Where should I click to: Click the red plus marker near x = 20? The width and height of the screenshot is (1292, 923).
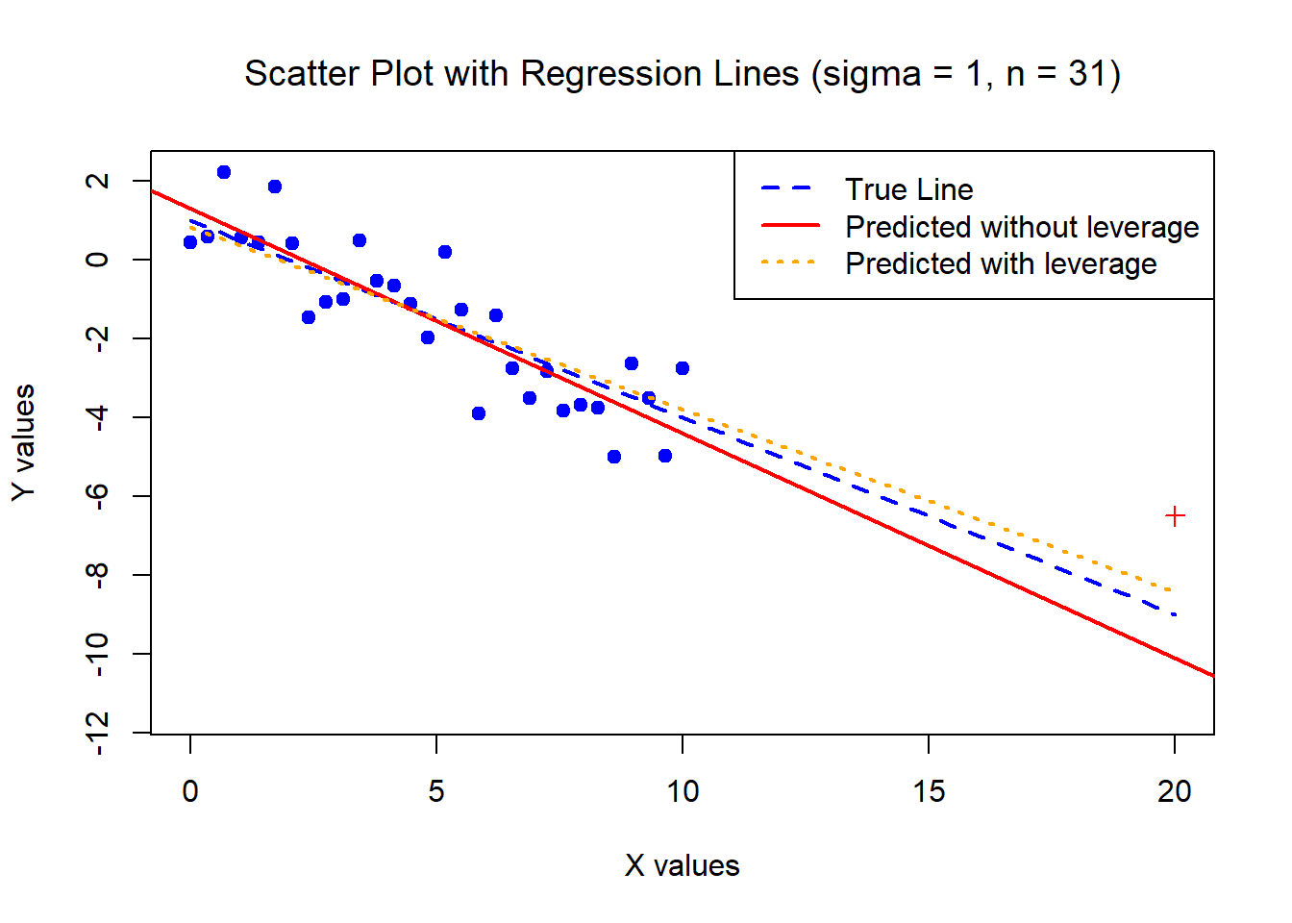pos(1175,516)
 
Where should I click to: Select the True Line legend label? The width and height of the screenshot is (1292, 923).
pos(908,189)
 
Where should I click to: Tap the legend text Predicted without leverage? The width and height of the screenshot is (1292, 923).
pos(1022,227)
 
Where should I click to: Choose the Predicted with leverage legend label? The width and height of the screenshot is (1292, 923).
pos(1001,263)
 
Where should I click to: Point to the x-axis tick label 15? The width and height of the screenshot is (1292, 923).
pos(929,791)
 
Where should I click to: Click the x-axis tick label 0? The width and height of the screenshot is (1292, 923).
pos(190,791)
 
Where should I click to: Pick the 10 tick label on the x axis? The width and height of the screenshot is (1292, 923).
pos(683,791)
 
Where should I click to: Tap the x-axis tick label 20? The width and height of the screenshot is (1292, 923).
pos(1175,791)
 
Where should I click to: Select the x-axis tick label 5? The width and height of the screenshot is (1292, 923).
pos(436,791)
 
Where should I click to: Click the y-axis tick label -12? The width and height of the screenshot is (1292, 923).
pos(97,734)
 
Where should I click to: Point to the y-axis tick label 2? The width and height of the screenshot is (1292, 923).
pos(97,181)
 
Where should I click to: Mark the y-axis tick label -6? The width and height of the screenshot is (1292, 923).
pos(97,496)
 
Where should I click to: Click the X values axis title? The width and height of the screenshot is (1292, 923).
pos(683,865)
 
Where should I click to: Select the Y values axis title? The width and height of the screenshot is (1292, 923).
pos(23,442)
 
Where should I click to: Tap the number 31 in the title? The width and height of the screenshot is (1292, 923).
pos(1088,74)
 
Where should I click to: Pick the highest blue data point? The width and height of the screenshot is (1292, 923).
pos(224,172)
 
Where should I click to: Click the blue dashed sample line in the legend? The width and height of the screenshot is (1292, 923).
pos(789,188)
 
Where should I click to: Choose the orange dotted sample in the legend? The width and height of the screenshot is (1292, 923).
pos(789,262)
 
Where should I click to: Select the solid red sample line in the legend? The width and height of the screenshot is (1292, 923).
pos(789,225)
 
